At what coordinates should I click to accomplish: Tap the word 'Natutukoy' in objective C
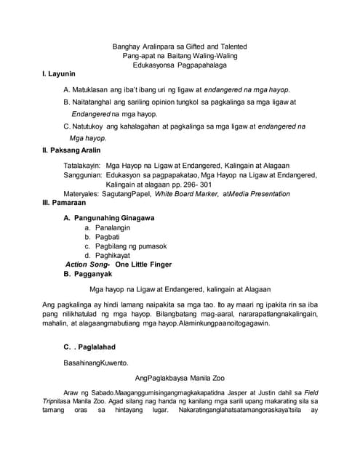click(x=93, y=126)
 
